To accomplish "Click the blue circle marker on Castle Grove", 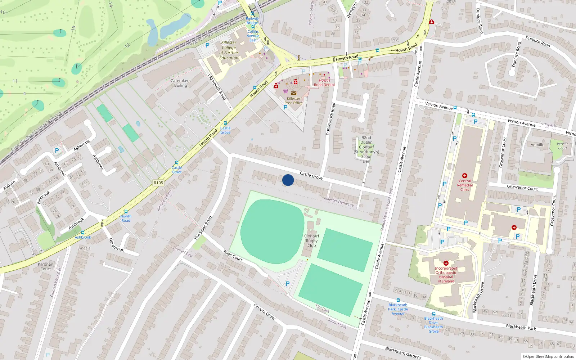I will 288,180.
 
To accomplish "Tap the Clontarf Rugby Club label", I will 311,241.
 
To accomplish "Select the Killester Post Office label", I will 293,101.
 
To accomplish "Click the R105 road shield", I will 158,183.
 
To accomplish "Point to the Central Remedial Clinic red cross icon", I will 465,176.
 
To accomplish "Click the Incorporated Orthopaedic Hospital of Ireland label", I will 446,275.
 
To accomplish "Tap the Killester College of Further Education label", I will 229,50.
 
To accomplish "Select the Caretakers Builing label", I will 180,83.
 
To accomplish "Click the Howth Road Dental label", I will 324,83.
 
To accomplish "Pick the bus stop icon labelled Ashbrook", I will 83,233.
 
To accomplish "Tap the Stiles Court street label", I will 232,255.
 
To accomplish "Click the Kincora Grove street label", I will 264,312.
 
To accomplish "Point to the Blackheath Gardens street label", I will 403,353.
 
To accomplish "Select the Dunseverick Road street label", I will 330,119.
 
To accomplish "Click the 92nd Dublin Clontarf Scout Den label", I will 366,149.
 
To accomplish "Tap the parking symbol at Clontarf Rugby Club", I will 287,284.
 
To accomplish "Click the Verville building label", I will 537,145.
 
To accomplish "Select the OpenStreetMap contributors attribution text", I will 548,356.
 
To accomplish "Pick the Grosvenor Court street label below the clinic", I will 522,188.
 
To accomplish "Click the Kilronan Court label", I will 45,266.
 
